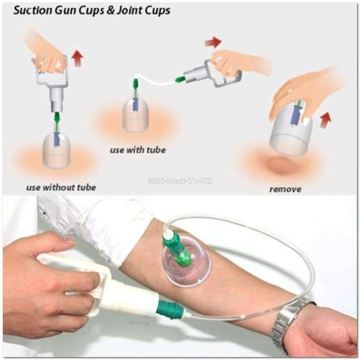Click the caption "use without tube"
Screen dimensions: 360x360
[61, 187]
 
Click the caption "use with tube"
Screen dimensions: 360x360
[138, 149]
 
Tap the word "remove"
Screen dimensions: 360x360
[285, 189]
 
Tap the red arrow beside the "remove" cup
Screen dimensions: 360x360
[325, 120]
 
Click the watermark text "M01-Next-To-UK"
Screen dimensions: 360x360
[180, 181]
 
